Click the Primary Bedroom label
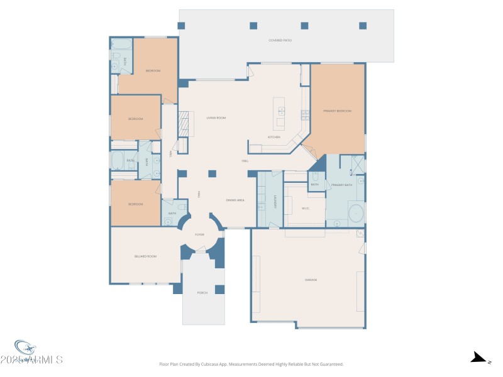337,111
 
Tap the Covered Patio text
280,40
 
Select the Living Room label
216,118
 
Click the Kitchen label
274,137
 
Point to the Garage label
311,280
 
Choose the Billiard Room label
145,256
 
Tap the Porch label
202,293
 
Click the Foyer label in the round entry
199,234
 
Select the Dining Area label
235,200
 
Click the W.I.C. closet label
306,208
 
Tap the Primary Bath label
343,185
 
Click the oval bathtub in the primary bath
356,214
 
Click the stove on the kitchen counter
306,114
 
